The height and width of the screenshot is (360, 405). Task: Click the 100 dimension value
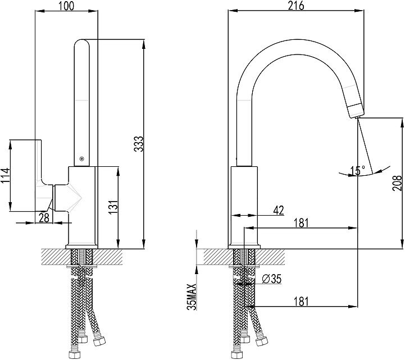(66, 6)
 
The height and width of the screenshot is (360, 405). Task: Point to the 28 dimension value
(43, 217)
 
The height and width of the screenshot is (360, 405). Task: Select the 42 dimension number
(278, 210)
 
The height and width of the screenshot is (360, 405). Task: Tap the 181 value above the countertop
(301, 222)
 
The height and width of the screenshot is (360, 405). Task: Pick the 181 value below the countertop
(301, 302)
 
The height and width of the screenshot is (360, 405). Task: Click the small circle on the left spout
(83, 159)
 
